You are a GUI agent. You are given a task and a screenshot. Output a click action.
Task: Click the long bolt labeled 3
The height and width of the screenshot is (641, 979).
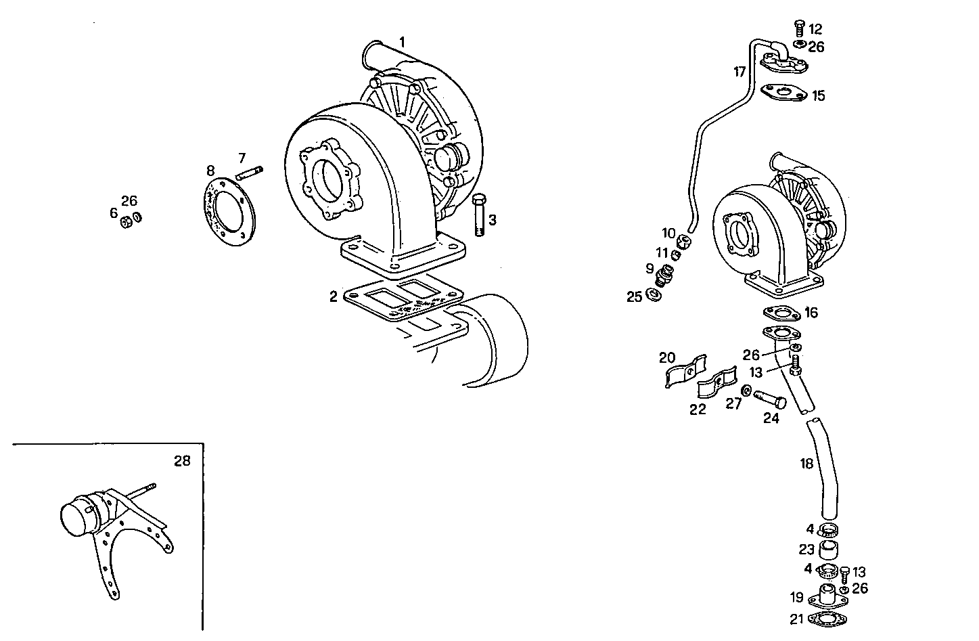click(x=479, y=215)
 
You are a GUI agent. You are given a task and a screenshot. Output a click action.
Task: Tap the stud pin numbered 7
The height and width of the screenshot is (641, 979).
click(x=249, y=174)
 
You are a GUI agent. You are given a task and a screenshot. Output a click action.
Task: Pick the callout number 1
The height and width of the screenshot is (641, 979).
click(x=402, y=42)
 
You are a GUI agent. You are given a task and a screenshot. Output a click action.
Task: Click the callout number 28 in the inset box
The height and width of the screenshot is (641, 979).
click(x=182, y=461)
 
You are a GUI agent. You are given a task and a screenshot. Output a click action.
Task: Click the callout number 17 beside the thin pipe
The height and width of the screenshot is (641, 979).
click(x=740, y=71)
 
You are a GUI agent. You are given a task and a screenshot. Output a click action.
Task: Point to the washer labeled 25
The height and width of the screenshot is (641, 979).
click(x=654, y=296)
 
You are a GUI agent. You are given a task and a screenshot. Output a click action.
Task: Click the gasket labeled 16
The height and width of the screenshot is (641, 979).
click(x=781, y=313)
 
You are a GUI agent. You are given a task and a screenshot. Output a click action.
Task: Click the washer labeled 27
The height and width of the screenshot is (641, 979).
click(x=746, y=391)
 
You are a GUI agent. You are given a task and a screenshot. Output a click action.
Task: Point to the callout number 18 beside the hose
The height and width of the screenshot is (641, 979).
click(x=806, y=464)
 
